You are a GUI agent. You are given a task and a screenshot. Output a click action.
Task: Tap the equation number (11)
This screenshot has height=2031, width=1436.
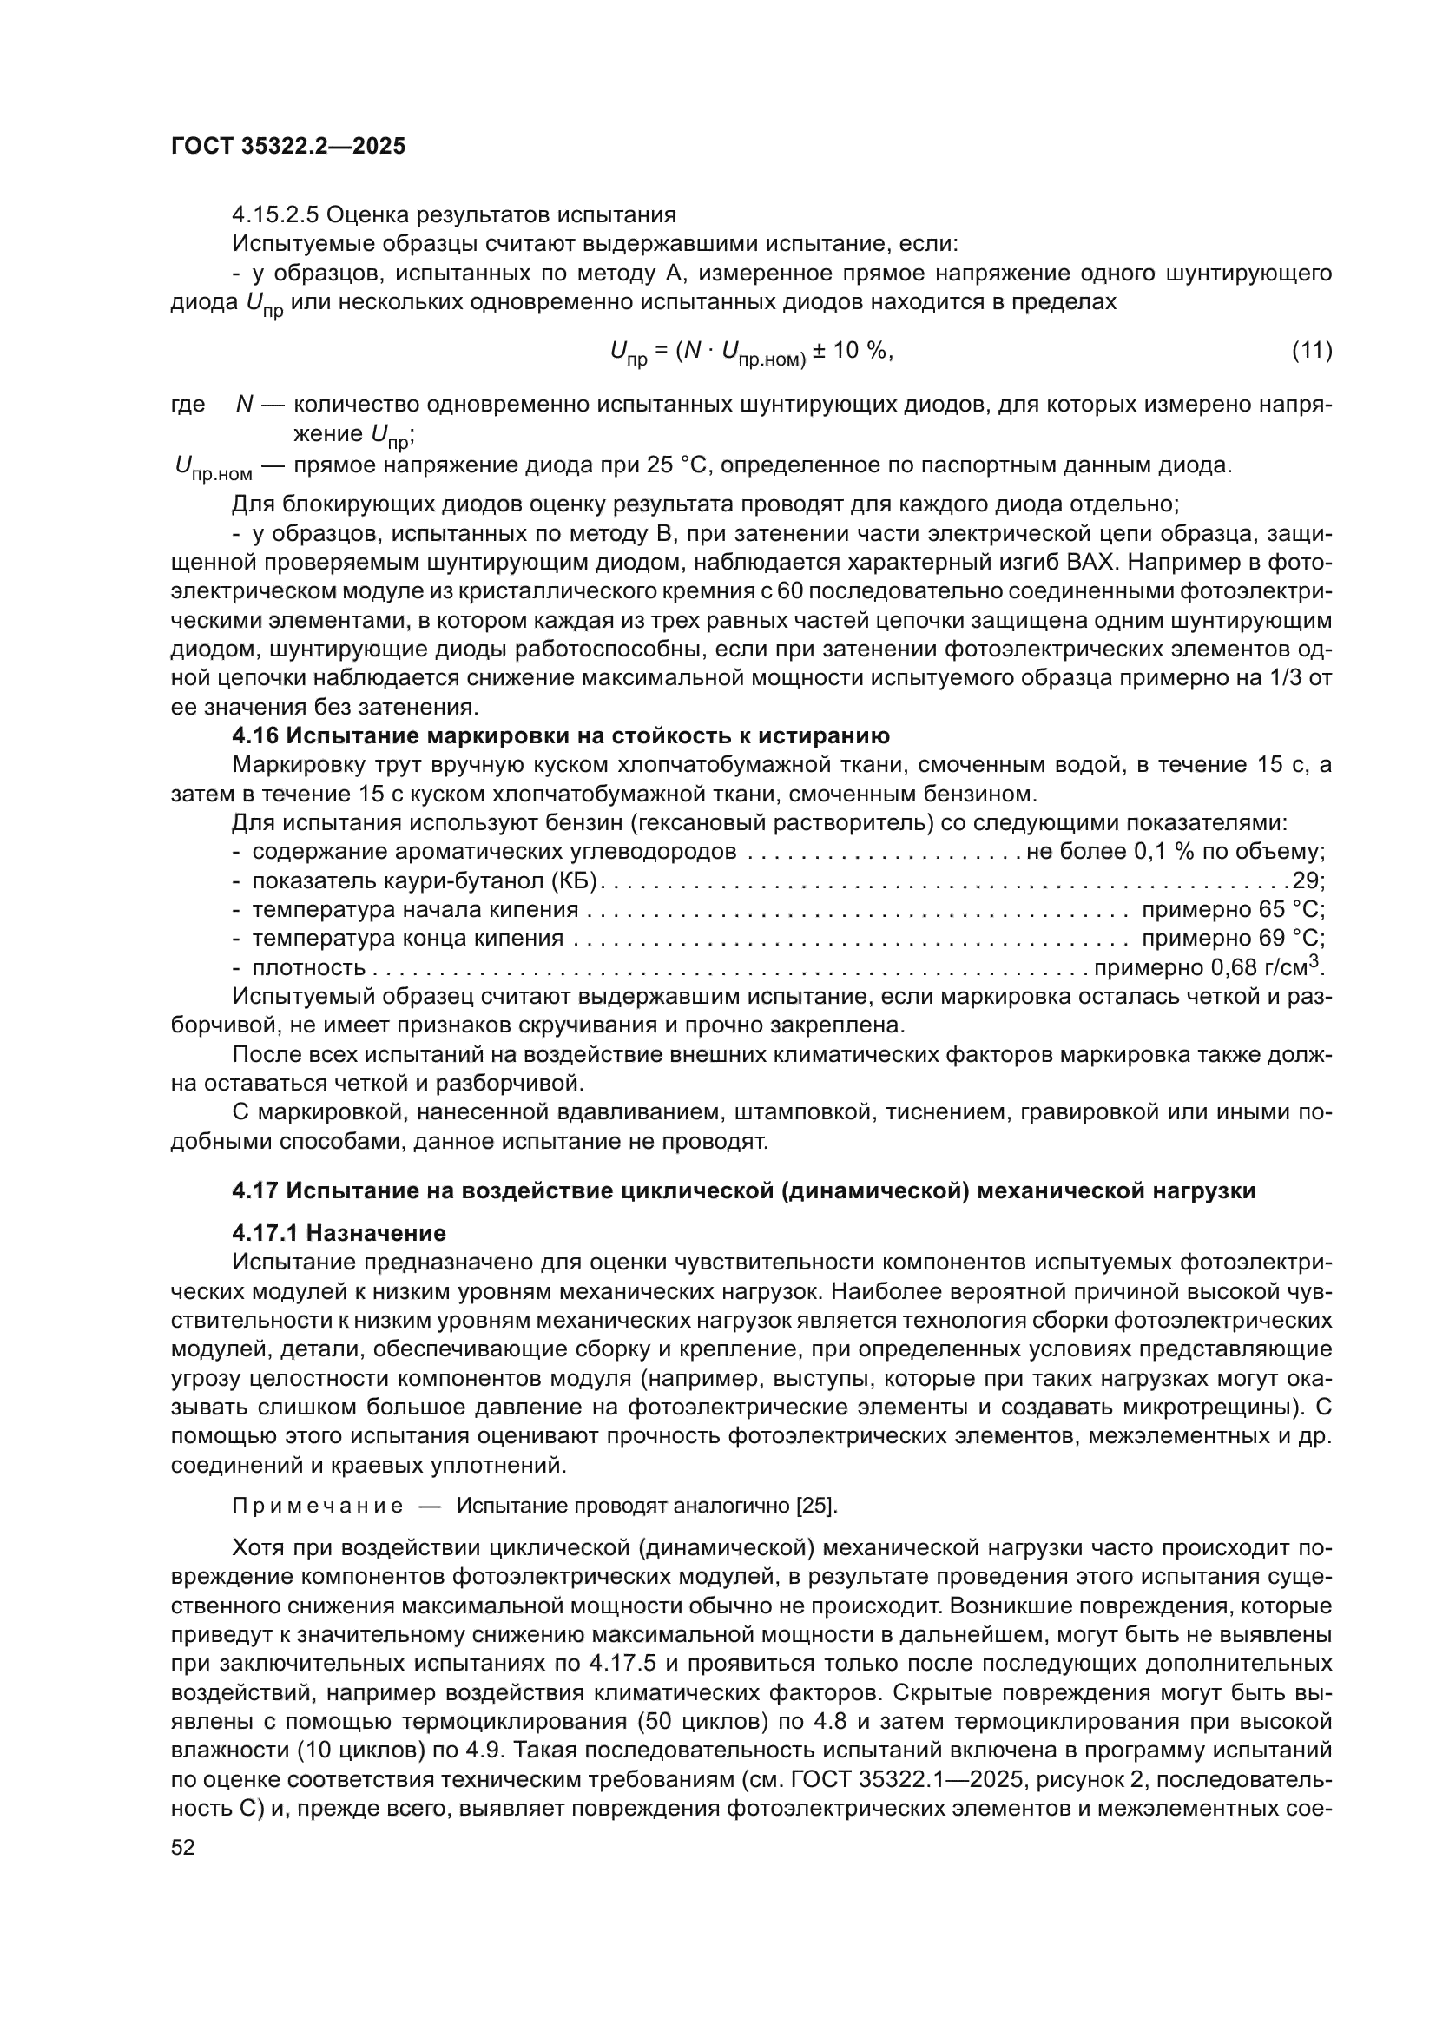point(1311,351)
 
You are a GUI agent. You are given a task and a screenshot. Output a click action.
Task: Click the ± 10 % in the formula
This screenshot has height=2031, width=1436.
point(852,351)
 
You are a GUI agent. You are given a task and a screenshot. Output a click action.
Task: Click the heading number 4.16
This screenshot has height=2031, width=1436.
point(254,736)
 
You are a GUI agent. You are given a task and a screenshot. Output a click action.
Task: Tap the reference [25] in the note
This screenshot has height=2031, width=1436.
point(816,1507)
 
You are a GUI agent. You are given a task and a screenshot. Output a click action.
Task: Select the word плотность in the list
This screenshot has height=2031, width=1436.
point(308,967)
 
